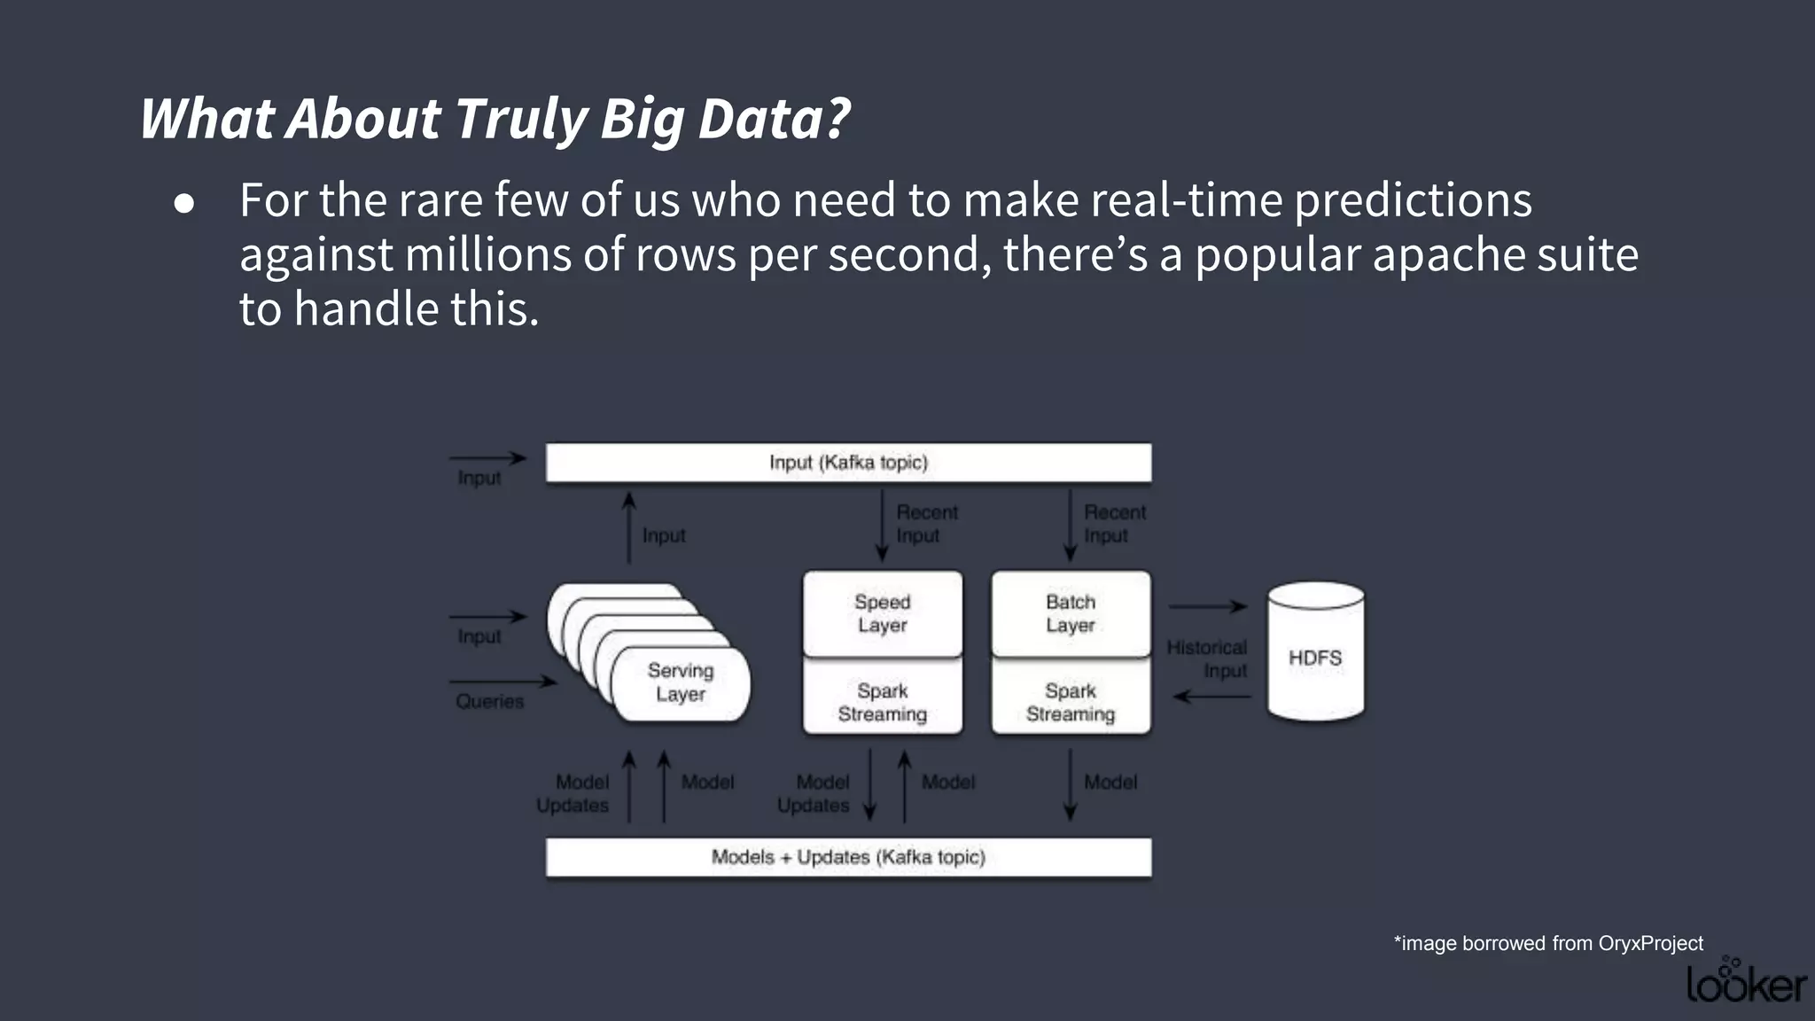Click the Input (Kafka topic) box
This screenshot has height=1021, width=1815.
(x=848, y=463)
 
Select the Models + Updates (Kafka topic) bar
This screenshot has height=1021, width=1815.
(x=848, y=857)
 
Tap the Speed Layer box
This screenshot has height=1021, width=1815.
(x=882, y=613)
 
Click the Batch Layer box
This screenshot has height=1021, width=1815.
(x=1071, y=613)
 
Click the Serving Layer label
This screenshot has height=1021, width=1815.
(x=681, y=682)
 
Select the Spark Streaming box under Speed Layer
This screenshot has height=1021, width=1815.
(x=882, y=702)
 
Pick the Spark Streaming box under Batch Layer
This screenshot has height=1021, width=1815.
(x=1071, y=702)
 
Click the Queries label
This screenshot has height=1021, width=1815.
(x=489, y=702)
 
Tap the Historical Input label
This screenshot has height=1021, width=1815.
(x=1207, y=659)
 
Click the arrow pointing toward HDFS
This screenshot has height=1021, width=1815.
(x=1208, y=607)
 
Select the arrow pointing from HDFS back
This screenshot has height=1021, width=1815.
(x=1211, y=697)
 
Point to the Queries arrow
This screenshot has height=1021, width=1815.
(x=502, y=682)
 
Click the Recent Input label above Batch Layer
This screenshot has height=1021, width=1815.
(x=1114, y=524)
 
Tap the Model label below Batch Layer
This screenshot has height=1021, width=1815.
(x=1110, y=783)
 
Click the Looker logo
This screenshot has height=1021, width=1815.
(x=1745, y=982)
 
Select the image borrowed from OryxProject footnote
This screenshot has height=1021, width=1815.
(x=1548, y=943)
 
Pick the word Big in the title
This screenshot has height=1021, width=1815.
(x=642, y=119)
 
